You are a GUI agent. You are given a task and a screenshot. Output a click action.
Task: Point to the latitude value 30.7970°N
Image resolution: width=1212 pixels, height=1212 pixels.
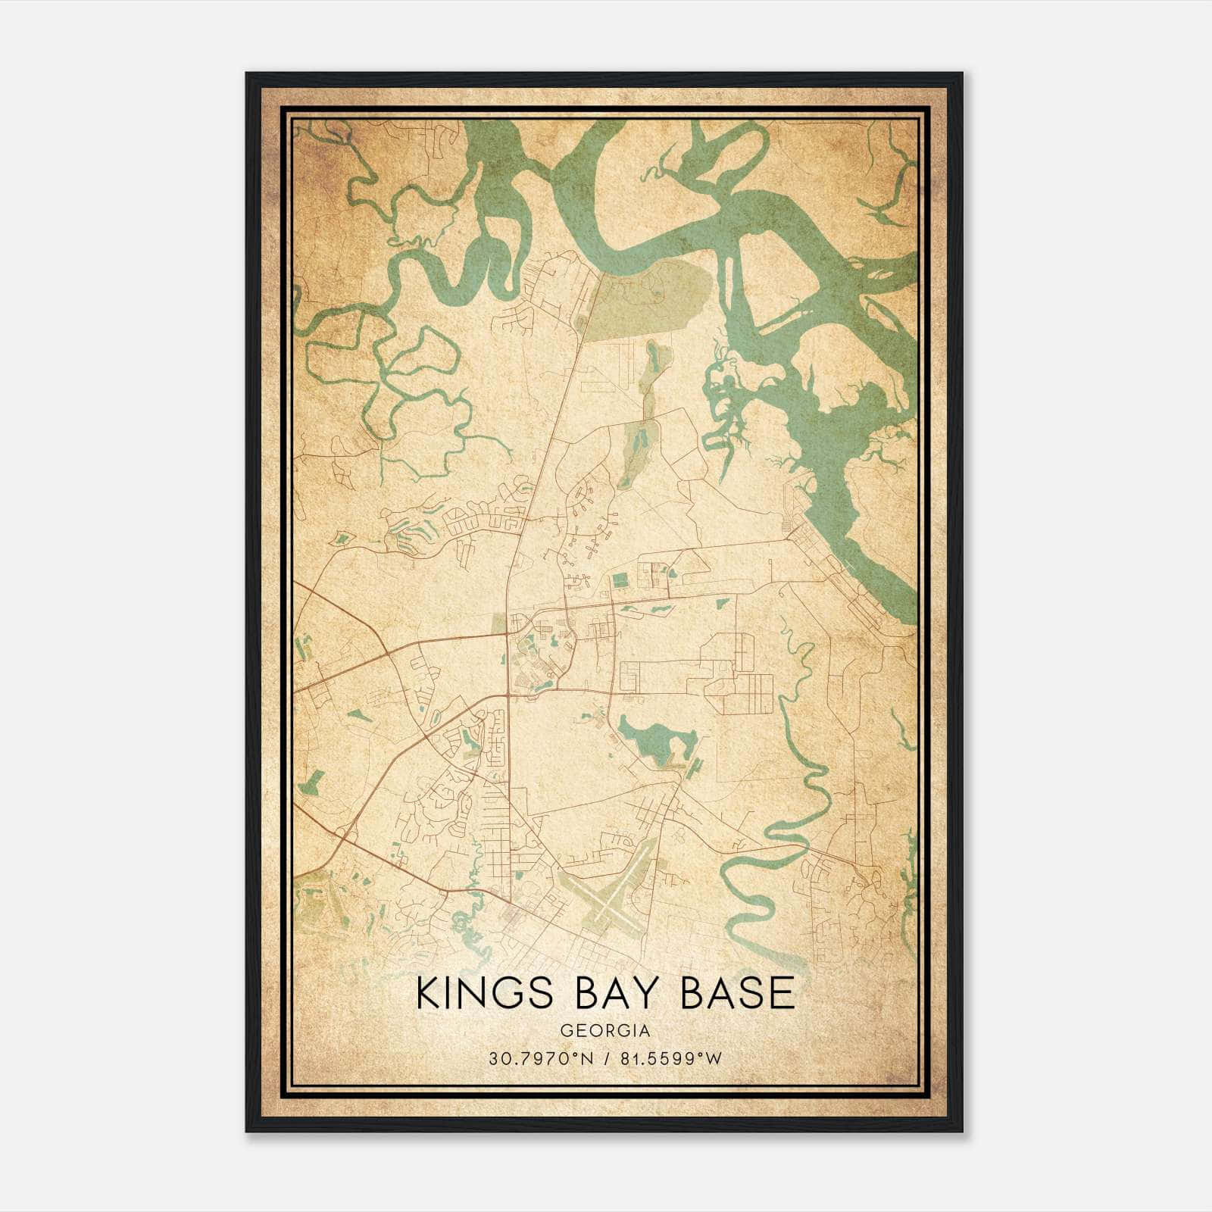(x=539, y=1059)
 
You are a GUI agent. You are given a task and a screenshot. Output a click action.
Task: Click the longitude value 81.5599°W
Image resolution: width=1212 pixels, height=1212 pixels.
(x=671, y=1059)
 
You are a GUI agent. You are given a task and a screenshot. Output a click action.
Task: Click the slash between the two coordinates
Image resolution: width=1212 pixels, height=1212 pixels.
(x=606, y=1059)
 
